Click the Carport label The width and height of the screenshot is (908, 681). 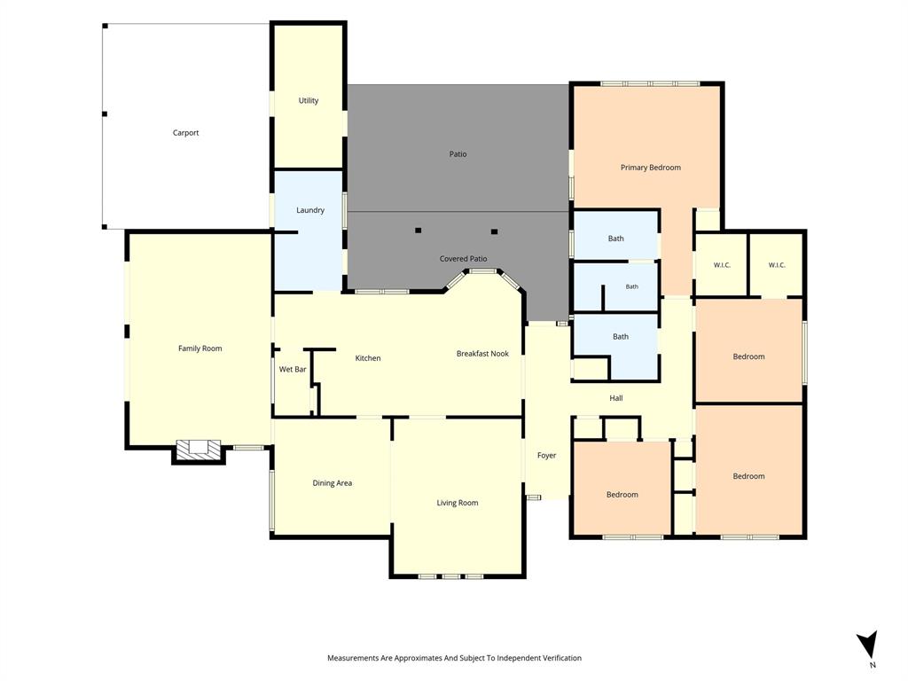click(x=185, y=133)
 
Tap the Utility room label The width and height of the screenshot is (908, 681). click(x=308, y=100)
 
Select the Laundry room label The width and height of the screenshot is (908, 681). click(x=309, y=210)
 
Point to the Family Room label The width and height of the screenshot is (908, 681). click(x=200, y=348)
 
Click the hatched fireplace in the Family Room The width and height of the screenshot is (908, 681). click(x=199, y=449)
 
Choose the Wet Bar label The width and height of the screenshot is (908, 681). click(x=293, y=369)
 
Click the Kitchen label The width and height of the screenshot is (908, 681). click(x=368, y=358)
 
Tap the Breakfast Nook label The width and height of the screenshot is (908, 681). click(x=482, y=353)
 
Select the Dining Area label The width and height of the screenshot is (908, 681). click(x=332, y=483)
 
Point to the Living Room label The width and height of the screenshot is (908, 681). click(x=457, y=503)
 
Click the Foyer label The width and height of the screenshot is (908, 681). click(x=546, y=455)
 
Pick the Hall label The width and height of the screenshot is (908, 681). click(x=615, y=398)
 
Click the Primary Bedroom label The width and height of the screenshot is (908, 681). click(x=650, y=168)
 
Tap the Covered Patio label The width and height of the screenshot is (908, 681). click(x=463, y=258)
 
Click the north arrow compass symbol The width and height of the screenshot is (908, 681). click(x=868, y=646)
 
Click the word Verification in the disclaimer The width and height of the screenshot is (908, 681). click(x=560, y=658)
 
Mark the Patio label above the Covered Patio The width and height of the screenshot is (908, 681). click(x=458, y=154)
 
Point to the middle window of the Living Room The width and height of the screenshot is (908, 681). click(x=451, y=576)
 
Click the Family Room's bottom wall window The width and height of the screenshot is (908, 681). click(x=248, y=447)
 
